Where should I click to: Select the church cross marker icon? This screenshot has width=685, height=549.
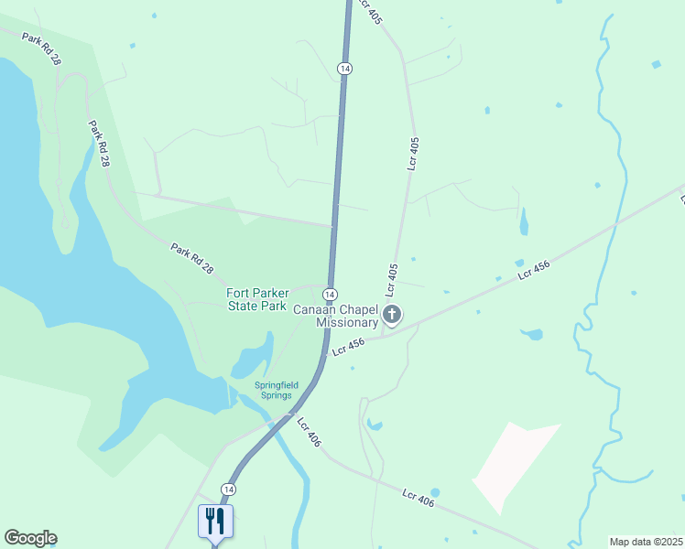392,317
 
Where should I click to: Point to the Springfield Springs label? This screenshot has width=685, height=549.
276,391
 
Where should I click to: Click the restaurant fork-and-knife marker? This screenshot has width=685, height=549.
215,522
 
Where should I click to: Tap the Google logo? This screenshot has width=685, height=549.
30,538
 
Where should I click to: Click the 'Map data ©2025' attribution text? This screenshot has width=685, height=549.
645,542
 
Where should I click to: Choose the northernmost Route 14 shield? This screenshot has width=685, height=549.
344,69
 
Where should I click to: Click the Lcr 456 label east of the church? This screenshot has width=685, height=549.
533,269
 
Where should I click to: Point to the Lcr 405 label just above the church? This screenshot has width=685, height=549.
392,280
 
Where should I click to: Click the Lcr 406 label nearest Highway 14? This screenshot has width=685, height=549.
310,432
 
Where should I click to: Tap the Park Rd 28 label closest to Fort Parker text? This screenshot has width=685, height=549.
191,257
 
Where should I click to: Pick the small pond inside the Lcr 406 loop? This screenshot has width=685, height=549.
374,425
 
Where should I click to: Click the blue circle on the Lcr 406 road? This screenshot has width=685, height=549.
435,492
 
